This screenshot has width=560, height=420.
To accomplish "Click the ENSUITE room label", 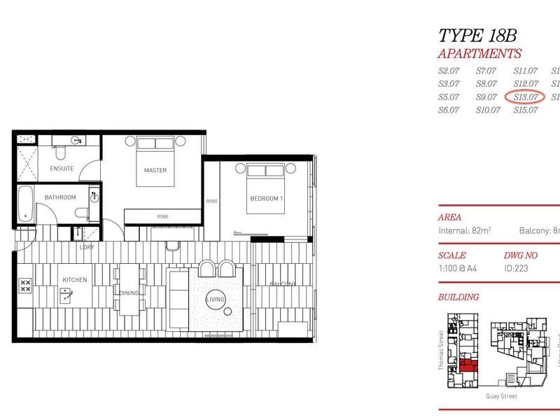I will (62, 169).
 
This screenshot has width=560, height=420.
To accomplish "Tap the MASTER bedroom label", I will (155, 170).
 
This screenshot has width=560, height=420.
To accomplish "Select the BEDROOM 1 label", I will (266, 199).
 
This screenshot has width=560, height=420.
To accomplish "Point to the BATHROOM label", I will (59, 197).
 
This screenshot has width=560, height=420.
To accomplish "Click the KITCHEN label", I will (75, 280).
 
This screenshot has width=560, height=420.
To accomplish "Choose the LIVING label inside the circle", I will (216, 300).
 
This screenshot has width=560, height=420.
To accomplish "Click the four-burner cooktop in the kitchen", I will (25, 285).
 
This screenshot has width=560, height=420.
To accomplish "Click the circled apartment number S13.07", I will (525, 97).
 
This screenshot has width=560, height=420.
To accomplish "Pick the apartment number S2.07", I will (448, 71).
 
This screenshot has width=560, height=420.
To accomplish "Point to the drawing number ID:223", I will (516, 267).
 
